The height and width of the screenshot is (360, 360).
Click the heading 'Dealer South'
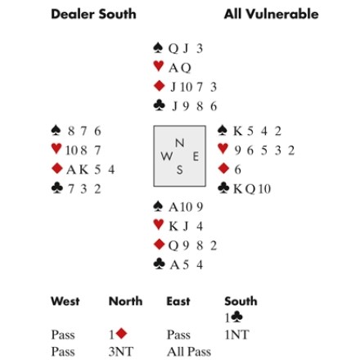pos(93,14)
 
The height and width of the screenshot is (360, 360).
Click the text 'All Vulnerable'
pos(271,14)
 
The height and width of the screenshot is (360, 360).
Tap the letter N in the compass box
pos(179,142)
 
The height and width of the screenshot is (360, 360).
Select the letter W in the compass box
pos(167,156)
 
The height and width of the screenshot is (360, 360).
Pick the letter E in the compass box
pos(196,157)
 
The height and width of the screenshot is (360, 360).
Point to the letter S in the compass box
pos(179,170)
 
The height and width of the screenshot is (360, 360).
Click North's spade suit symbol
pos(158,47)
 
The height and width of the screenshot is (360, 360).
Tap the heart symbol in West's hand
pos(56,149)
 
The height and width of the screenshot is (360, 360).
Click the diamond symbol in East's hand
pos(223,169)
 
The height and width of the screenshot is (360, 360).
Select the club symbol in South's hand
pos(160,263)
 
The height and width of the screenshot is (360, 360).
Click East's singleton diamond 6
pos(238,169)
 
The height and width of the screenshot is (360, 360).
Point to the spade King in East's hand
pos(238,131)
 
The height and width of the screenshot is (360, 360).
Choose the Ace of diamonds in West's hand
pos(71,170)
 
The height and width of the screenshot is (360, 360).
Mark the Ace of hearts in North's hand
pos(173,68)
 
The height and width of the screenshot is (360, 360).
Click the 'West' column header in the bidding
pos(65,301)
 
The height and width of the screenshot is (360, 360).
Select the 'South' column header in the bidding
pos(241,301)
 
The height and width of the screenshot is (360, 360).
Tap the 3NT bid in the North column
pos(121,352)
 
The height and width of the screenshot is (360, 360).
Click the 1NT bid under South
pos(236,335)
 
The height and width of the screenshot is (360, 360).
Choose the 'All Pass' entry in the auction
pos(189,352)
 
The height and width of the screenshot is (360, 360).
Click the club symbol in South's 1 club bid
pos(236,317)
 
